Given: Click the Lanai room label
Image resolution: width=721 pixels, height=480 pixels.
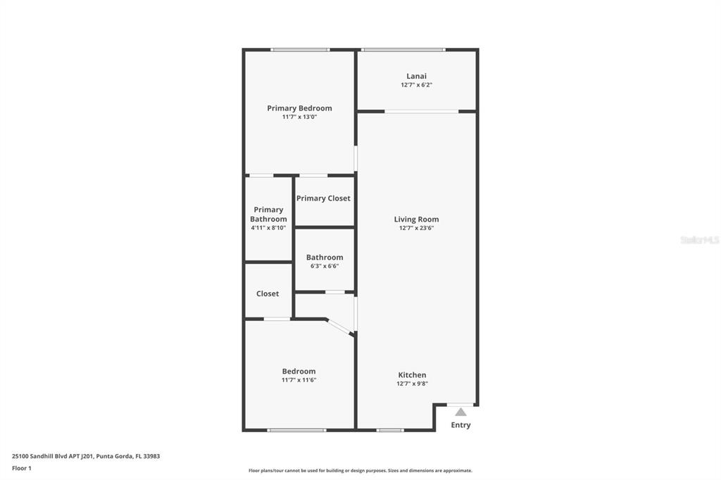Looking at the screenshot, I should (x=416, y=76).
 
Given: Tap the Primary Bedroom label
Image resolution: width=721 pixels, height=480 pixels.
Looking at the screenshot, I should (x=299, y=108).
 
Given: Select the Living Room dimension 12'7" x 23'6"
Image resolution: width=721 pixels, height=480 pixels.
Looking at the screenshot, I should (x=416, y=228).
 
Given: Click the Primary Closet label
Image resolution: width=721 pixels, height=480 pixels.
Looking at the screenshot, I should (x=323, y=198).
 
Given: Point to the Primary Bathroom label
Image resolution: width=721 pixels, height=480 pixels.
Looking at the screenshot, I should (x=268, y=214).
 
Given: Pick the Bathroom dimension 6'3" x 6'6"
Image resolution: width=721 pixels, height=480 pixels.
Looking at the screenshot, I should (x=324, y=266).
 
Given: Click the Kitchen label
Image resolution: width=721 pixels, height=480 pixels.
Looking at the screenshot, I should (x=412, y=375).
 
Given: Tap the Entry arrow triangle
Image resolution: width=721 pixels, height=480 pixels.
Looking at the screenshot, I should (x=460, y=412).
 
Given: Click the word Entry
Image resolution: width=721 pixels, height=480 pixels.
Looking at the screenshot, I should (x=460, y=425).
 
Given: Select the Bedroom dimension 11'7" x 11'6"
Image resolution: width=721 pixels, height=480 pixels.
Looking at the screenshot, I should (x=299, y=380).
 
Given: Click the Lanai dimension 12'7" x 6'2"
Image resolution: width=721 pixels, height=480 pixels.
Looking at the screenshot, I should (x=416, y=85).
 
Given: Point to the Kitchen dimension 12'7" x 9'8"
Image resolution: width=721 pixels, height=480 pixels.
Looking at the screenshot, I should (x=412, y=384).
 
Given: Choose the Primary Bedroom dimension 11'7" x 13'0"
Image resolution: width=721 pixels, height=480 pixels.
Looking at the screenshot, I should (x=299, y=117).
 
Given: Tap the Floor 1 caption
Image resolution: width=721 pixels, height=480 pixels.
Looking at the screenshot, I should (x=22, y=468).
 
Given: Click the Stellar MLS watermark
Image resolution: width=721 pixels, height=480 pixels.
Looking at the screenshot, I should (x=699, y=240).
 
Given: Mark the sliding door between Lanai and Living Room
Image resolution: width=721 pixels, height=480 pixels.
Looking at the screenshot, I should (x=421, y=111).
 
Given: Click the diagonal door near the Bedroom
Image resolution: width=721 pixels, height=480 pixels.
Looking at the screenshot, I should (x=340, y=327).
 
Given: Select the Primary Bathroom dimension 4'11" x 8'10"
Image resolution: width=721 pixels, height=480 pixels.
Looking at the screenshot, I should (x=268, y=228).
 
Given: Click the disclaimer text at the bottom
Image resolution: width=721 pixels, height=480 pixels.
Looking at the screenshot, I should (x=360, y=471).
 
